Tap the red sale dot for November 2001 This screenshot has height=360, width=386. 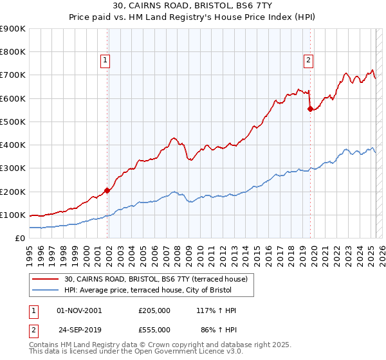tap(107, 190)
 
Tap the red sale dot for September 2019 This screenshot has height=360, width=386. tap(310, 109)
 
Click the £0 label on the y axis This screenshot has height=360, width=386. tap(19, 238)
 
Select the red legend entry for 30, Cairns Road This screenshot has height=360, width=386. tap(160, 278)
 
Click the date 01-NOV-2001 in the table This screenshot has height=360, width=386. tap(79, 310)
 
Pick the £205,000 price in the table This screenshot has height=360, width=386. tap(154, 310)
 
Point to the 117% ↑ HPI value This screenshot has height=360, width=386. tap(217, 310)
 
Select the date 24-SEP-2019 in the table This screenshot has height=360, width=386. tap(79, 329)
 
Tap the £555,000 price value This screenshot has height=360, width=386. tap(154, 329)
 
